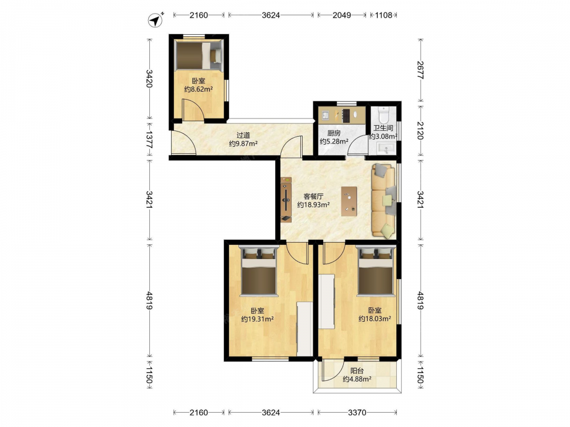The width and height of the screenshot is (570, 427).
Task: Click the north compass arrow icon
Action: tap(156, 20)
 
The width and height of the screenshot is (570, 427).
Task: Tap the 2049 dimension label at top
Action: tap(341, 15)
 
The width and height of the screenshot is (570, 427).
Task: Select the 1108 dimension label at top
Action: tap(384, 15)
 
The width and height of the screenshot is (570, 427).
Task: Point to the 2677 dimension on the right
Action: tap(420, 70)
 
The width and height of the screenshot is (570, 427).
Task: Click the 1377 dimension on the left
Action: tap(149, 140)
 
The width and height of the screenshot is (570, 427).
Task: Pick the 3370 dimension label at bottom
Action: tap(357, 412)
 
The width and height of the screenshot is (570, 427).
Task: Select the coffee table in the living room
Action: tap(349, 202)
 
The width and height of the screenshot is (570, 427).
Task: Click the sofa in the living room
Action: tap(384, 201)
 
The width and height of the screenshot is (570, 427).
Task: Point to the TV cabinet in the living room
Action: tap(286, 199)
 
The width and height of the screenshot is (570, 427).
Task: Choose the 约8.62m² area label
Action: tap(198, 89)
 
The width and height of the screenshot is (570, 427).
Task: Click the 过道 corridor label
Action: tap(243, 136)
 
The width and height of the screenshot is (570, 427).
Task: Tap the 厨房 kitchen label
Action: tap(333, 133)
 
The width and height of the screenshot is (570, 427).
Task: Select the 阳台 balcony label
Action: tap(357, 371)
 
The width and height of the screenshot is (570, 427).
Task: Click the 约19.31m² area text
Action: tap(258, 319)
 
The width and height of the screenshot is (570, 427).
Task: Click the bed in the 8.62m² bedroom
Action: tap(198, 56)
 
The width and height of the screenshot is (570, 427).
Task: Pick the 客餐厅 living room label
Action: tap(313, 196)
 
